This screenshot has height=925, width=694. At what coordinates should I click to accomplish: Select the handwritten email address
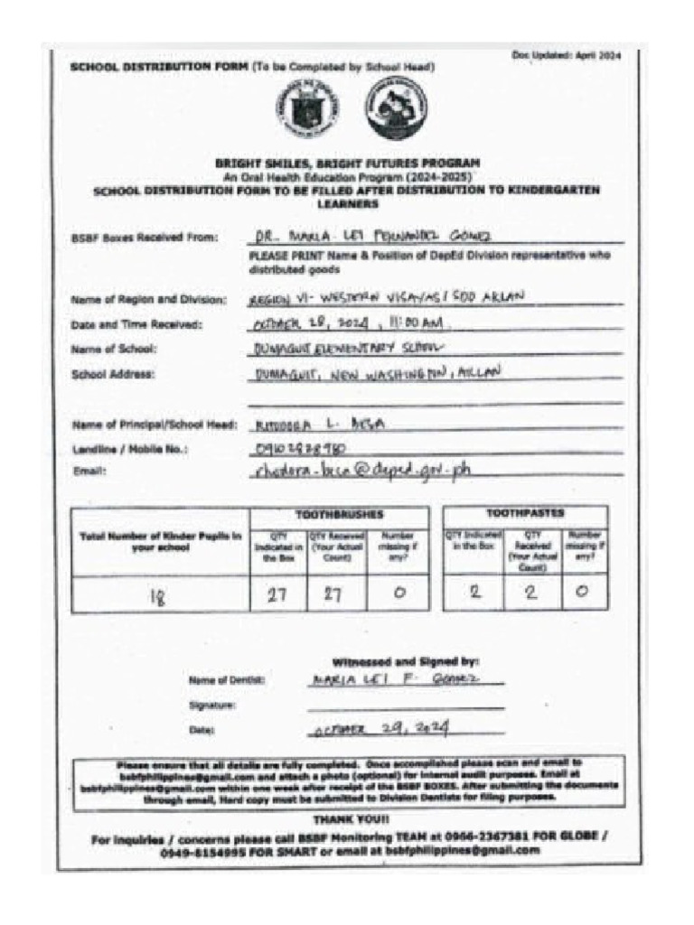coord(362,470)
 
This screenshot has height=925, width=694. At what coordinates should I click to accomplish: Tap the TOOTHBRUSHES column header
coord(340,514)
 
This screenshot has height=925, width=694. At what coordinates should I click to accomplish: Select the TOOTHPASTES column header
coord(525,513)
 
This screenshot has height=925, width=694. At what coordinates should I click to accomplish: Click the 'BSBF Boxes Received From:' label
coord(145,238)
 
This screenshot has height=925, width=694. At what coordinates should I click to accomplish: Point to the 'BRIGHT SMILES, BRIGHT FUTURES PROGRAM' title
coord(348,164)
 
